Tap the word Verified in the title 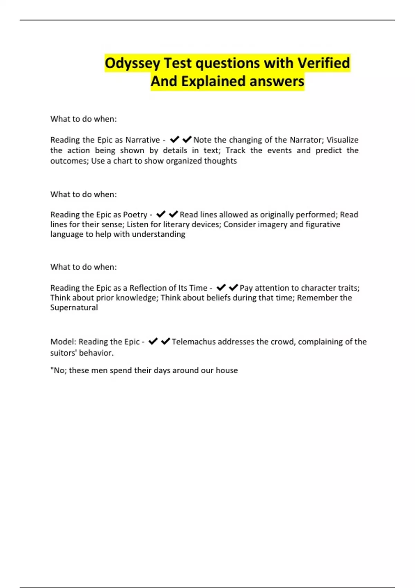point(324,63)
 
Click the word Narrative point(142,140)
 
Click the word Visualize point(342,140)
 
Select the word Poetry point(135,215)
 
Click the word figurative point(323,224)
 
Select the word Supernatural point(74,307)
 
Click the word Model point(63,342)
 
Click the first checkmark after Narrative point(175,140)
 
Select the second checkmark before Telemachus point(166,341)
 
